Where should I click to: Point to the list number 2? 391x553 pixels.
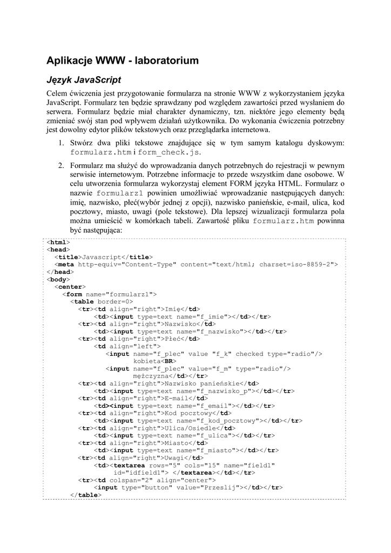(62, 165)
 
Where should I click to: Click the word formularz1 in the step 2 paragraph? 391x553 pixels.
(119, 193)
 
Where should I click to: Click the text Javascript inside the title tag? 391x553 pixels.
(100, 257)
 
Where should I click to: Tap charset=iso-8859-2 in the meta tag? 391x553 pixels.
(296, 265)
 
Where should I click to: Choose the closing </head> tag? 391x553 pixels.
(60, 272)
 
